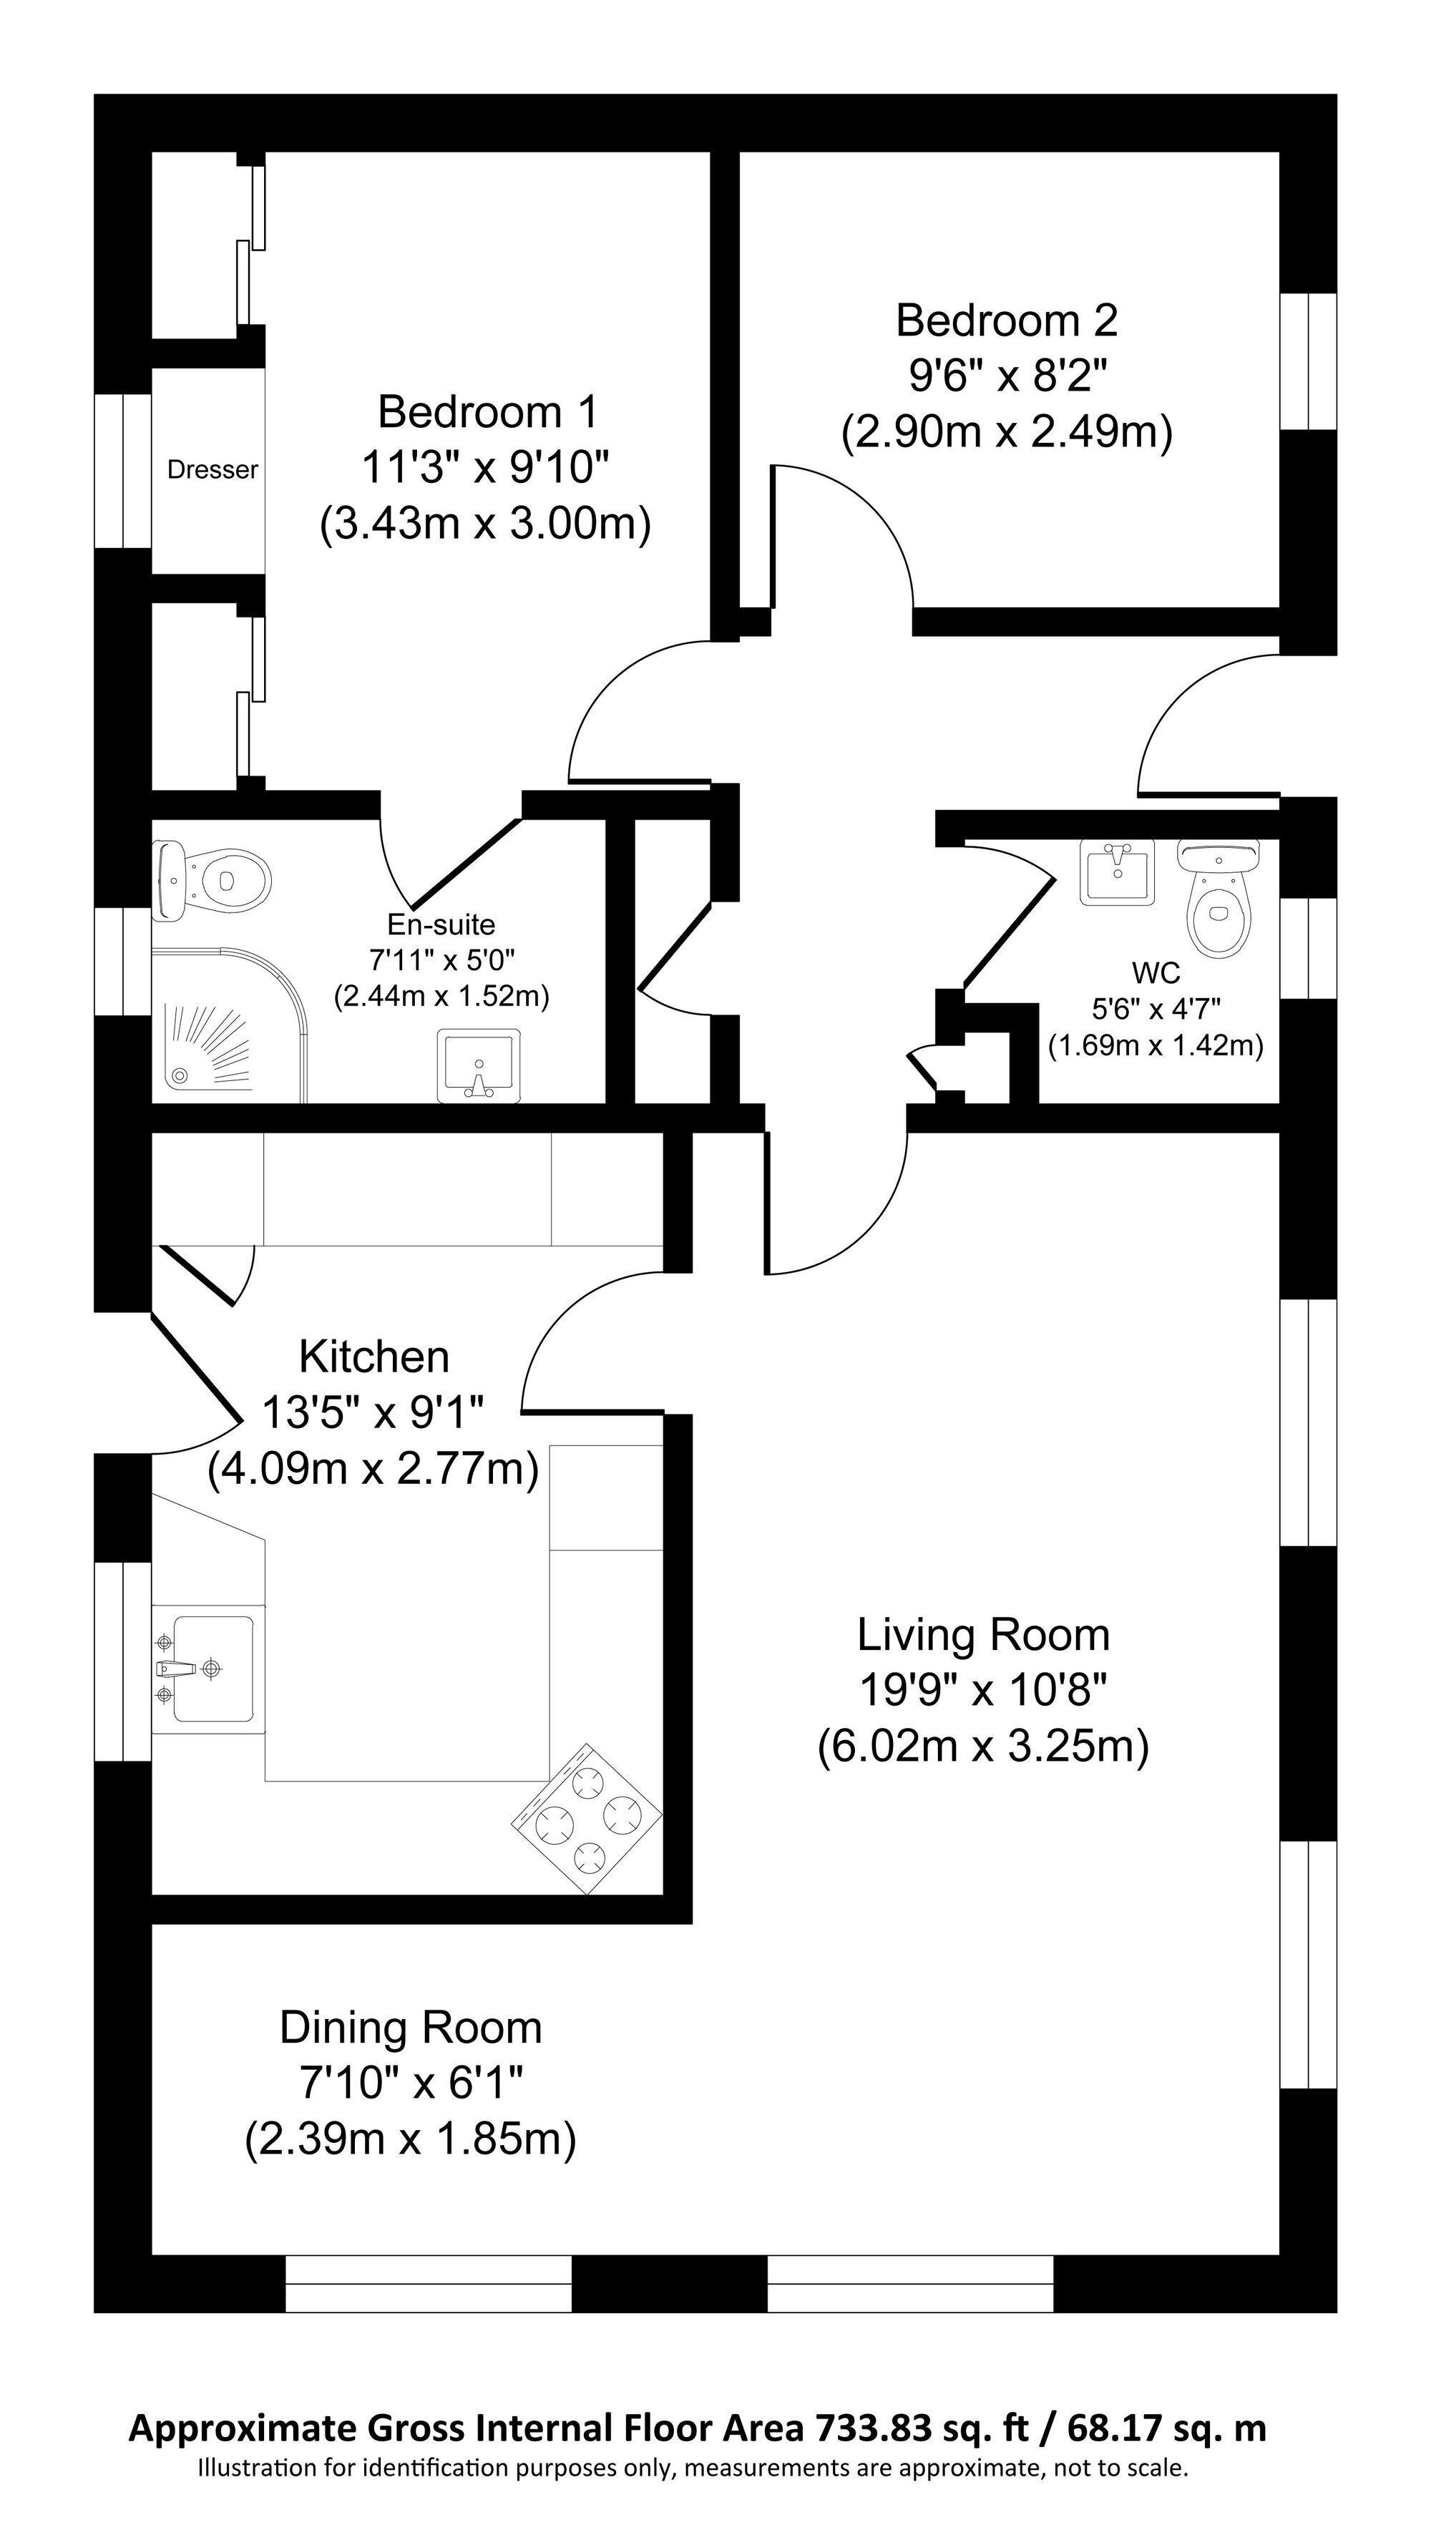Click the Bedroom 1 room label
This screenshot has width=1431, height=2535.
click(487, 411)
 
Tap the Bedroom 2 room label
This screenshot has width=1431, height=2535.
click(1007, 321)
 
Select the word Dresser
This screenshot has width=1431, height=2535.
click(213, 470)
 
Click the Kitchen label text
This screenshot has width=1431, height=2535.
click(374, 1357)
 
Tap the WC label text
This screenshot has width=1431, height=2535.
click(1156, 973)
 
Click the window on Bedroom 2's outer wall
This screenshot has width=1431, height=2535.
click(1308, 361)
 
